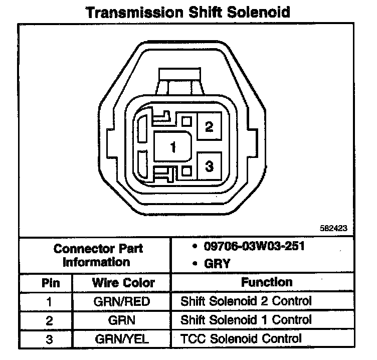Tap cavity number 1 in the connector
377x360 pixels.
click(x=173, y=147)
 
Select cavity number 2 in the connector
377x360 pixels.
click(x=210, y=127)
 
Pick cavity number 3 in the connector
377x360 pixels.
click(x=210, y=166)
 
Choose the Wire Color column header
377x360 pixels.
click(x=123, y=282)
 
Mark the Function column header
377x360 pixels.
click(x=266, y=282)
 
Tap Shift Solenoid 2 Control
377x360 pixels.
click(x=246, y=301)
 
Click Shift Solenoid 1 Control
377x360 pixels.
click(x=246, y=320)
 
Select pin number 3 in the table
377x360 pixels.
click(x=50, y=339)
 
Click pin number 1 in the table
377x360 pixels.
click(x=50, y=301)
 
